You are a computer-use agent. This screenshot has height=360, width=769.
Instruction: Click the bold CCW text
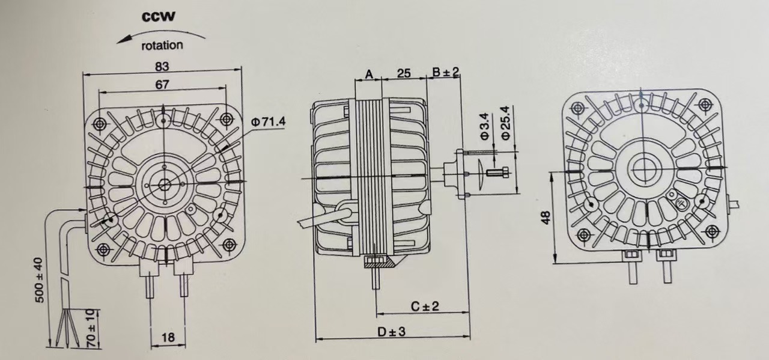(x=159, y=16)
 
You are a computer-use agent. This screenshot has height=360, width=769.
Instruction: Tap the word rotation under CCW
(x=162, y=45)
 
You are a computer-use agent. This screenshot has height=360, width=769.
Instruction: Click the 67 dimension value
(x=162, y=85)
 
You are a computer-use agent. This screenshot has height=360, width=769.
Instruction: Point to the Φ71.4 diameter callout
(x=268, y=122)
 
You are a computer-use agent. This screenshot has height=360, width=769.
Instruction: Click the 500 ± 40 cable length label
(x=39, y=281)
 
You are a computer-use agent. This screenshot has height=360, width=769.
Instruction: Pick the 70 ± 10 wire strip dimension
(x=90, y=328)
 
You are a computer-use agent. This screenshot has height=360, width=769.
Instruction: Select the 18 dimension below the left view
(x=168, y=337)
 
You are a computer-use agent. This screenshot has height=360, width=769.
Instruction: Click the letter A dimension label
(x=369, y=74)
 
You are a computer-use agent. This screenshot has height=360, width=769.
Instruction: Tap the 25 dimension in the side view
(x=404, y=73)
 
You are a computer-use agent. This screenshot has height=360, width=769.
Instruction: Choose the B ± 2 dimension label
(x=446, y=73)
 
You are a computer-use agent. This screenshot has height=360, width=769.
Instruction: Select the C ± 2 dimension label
(x=425, y=306)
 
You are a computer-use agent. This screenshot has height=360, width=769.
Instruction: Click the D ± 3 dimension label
(x=391, y=331)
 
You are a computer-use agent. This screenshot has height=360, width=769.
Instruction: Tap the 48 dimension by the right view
(x=545, y=217)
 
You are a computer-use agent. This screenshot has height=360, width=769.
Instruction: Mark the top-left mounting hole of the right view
(x=578, y=109)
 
